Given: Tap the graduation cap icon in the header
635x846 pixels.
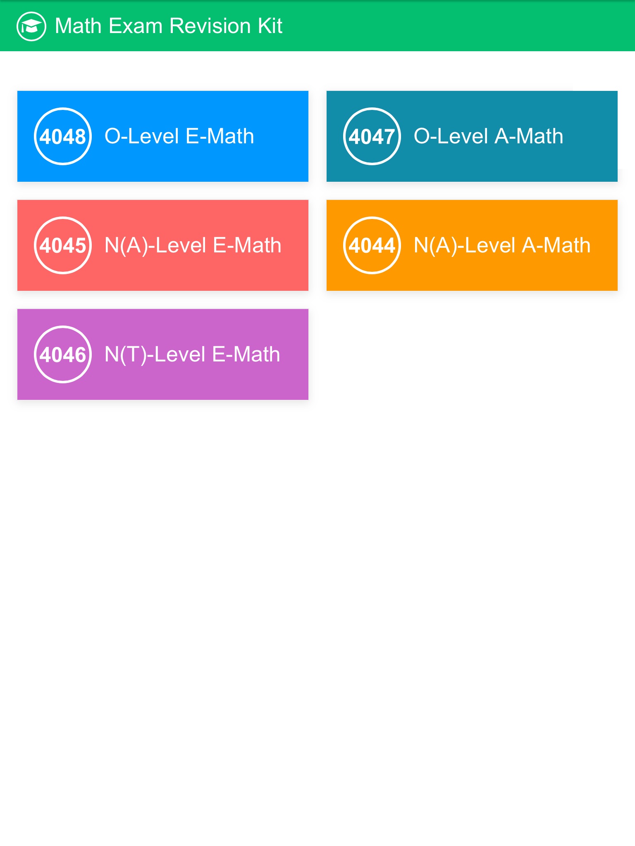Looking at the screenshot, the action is (x=31, y=26).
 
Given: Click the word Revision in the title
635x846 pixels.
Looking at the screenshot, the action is (x=210, y=26).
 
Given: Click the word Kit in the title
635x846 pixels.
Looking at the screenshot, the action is (x=270, y=26).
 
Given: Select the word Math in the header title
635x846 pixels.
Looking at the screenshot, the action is (x=78, y=26).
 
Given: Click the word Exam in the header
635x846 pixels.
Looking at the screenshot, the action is (x=136, y=26).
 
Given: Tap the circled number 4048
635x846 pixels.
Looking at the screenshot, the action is (x=62, y=136).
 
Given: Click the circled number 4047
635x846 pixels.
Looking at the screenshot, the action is (x=372, y=136).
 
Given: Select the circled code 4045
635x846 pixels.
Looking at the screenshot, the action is (x=62, y=245).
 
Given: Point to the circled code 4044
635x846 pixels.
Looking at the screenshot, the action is (x=372, y=245).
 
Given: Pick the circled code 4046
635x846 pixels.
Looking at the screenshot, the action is (x=62, y=354).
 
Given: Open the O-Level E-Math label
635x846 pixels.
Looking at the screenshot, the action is (x=179, y=136).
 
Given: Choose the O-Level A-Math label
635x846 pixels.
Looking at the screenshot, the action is (x=489, y=136).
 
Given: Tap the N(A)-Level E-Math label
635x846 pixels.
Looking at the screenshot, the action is (x=193, y=246).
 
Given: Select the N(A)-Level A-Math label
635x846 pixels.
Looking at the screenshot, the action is (x=502, y=246).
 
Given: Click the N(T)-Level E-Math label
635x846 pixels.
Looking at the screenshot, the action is (x=192, y=355).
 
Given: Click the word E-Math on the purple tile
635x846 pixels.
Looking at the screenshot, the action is (x=246, y=354).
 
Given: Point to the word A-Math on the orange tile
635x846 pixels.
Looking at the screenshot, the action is (x=556, y=245).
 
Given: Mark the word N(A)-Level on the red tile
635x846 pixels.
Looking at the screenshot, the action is (x=155, y=246).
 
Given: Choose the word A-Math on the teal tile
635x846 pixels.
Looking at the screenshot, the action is (x=529, y=136).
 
